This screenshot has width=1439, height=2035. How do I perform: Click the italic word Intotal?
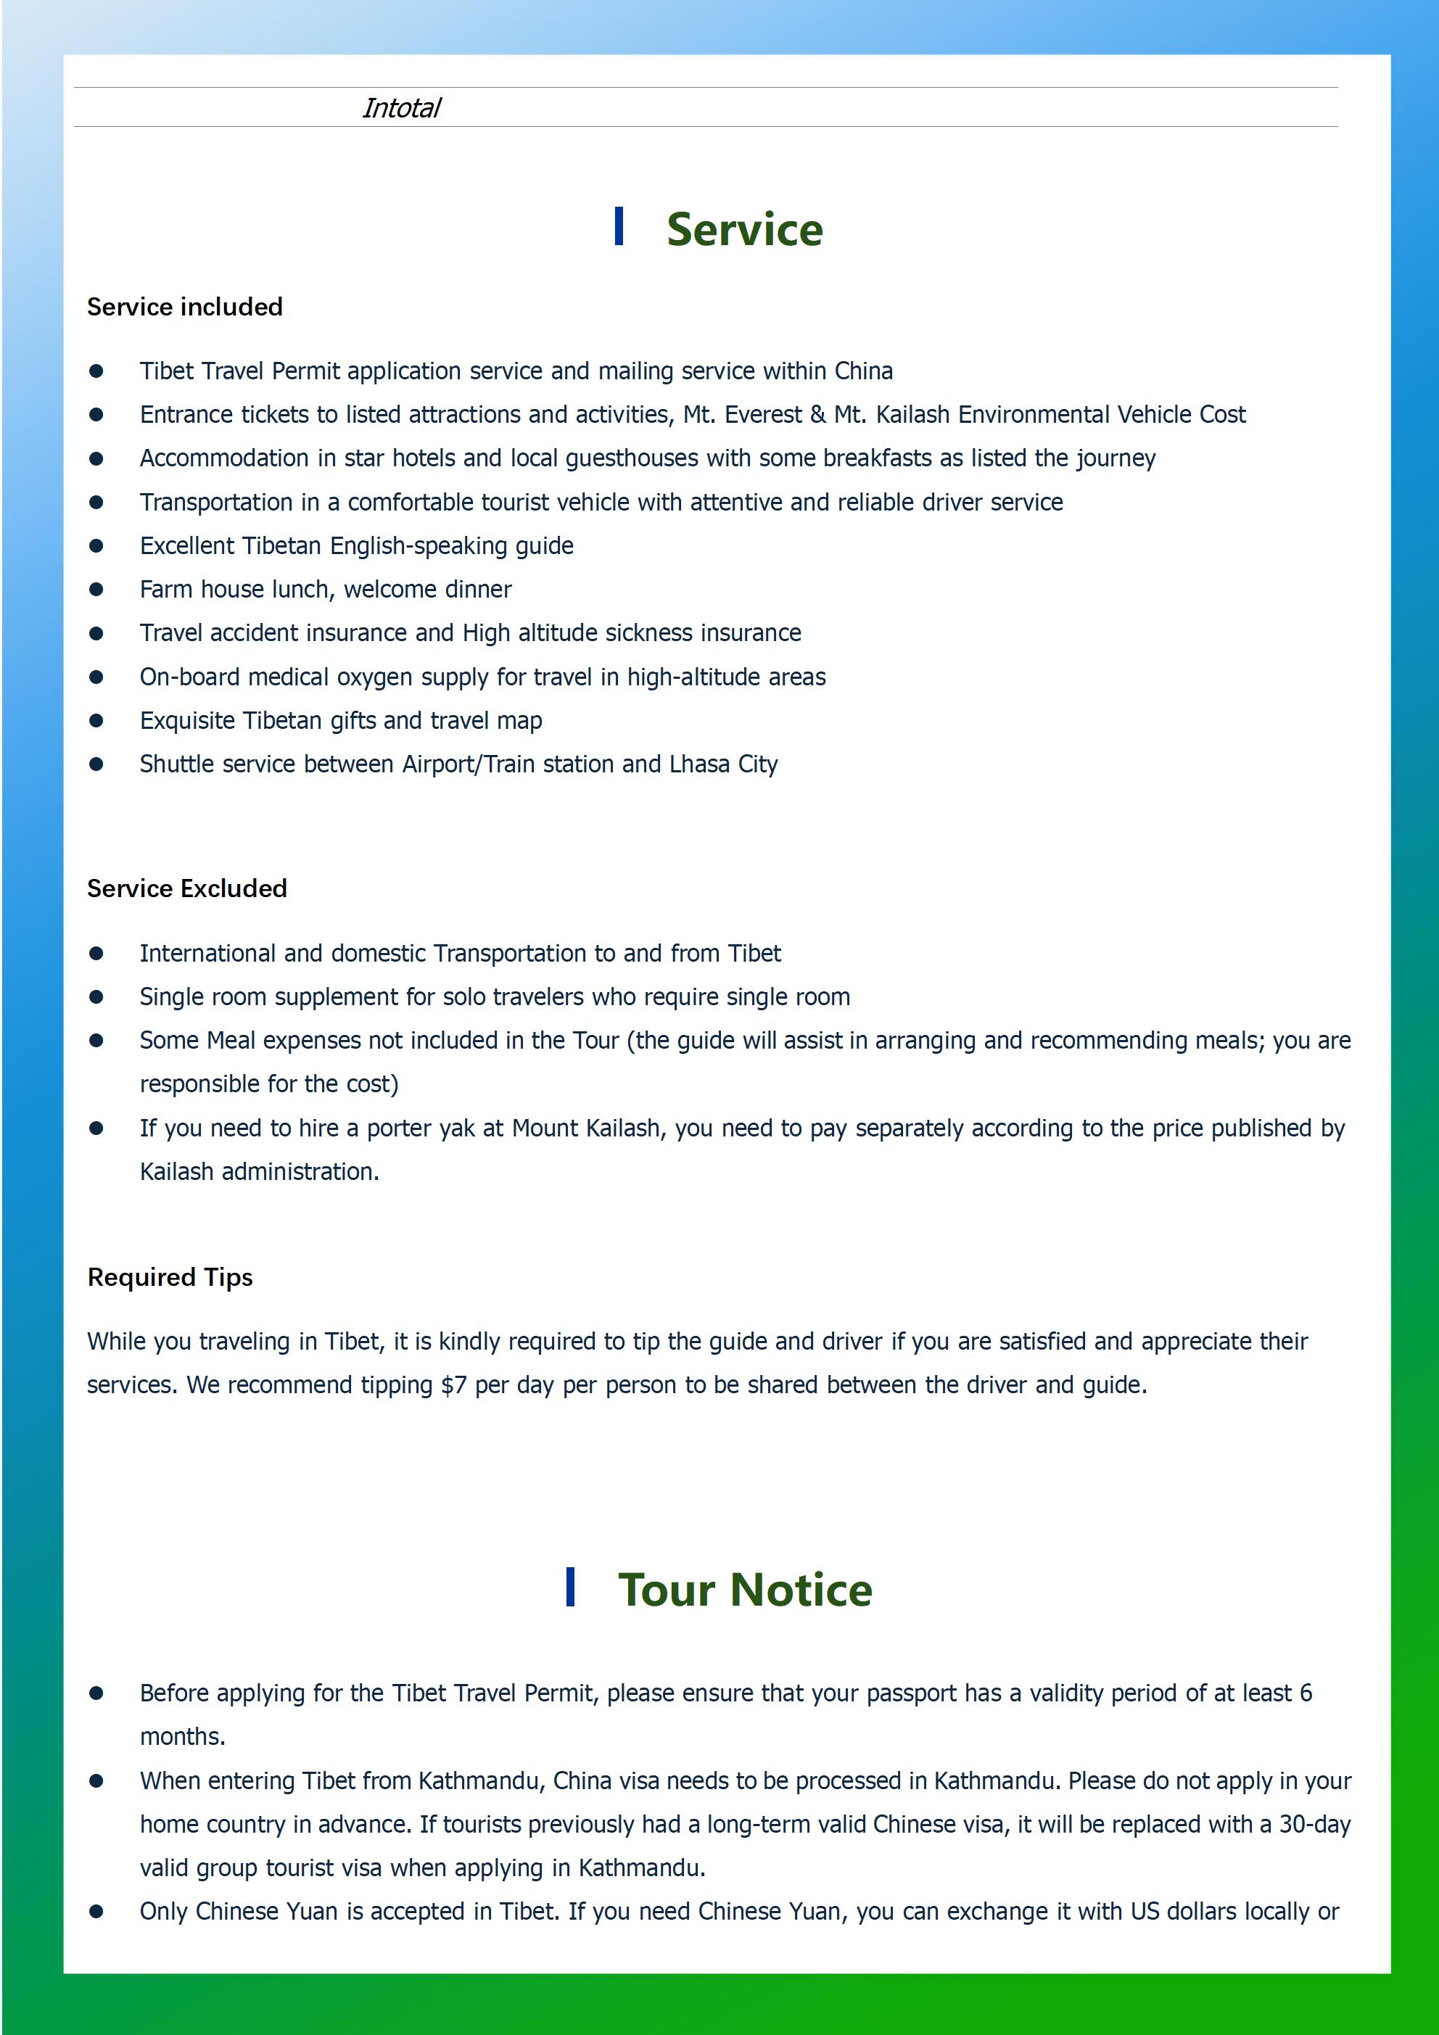click(401, 108)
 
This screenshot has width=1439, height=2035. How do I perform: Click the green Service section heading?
click(744, 230)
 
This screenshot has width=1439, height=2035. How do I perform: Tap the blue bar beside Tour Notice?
click(570, 1587)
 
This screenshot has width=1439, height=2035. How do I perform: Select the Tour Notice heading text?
click(744, 1590)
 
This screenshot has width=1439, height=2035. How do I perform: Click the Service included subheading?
click(184, 307)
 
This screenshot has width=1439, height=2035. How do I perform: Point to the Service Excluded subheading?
click(186, 888)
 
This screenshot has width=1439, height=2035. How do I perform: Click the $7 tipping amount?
click(453, 1384)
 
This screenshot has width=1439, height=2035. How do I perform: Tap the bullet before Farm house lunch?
click(96, 590)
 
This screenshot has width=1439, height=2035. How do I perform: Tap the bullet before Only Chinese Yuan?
click(96, 1912)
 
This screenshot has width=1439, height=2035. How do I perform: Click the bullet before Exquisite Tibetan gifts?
click(96, 721)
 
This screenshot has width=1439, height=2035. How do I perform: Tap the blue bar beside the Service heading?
click(619, 226)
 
